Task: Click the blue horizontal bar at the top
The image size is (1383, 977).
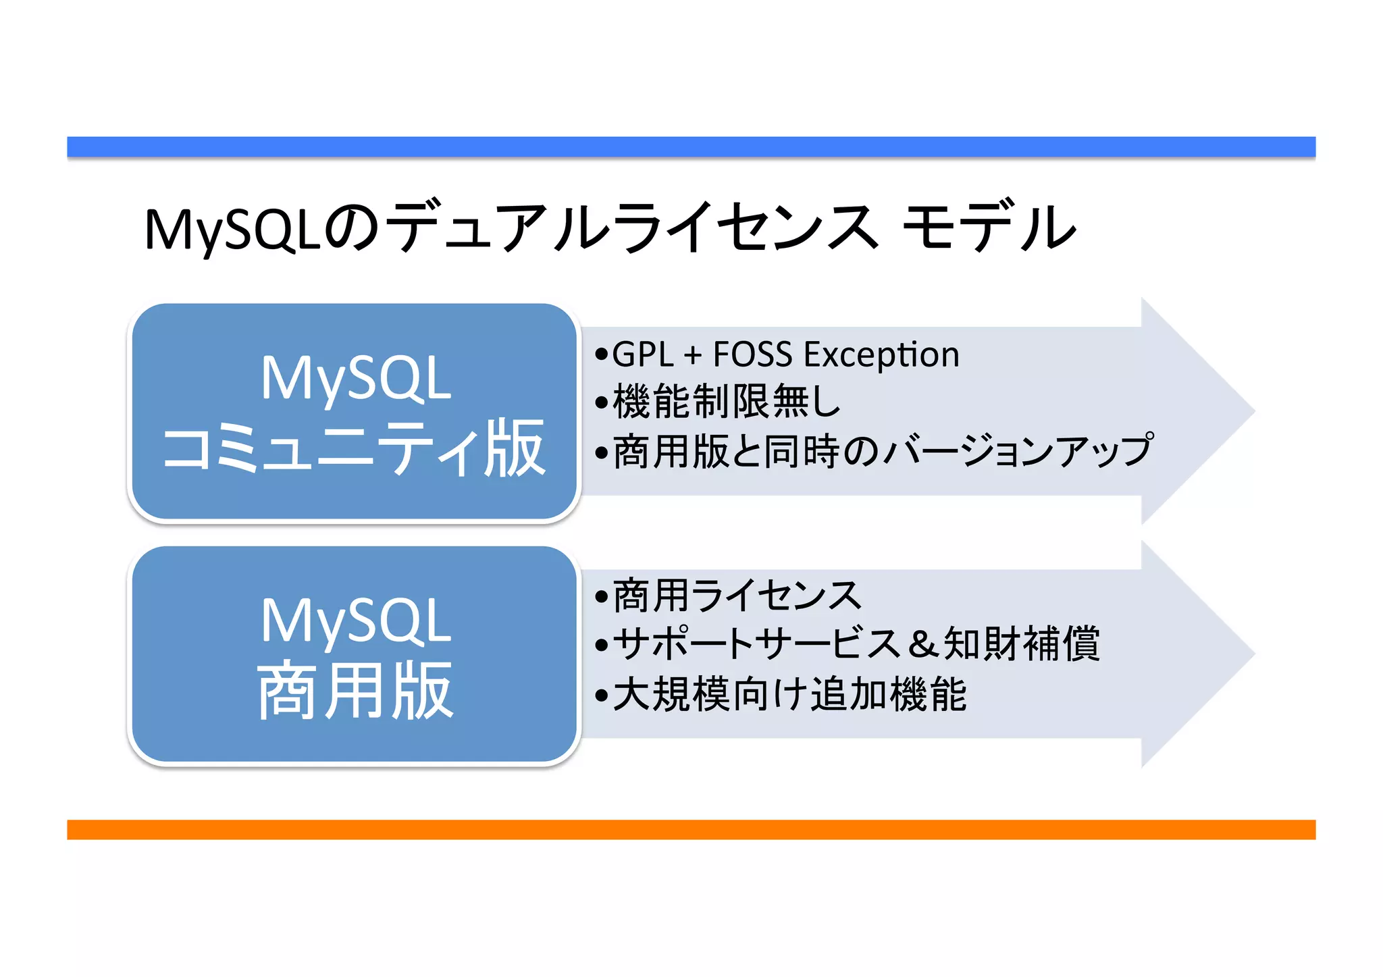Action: pyautogui.click(x=691, y=147)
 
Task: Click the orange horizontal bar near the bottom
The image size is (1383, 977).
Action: pyautogui.click(x=691, y=829)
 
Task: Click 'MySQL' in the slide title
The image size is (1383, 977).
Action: pyautogui.click(x=232, y=230)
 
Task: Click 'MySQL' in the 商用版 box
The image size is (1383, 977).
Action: pyautogui.click(x=355, y=621)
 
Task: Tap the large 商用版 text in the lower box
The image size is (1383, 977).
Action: pyautogui.click(x=355, y=691)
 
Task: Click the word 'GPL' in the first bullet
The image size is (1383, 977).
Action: pyautogui.click(x=642, y=354)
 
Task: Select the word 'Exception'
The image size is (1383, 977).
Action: pyautogui.click(x=881, y=354)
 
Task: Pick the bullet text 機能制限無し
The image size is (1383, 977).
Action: pyautogui.click(x=727, y=402)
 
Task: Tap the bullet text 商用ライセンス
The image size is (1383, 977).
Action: pyautogui.click(x=736, y=596)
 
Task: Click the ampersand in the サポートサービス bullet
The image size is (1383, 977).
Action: pyautogui.click(x=922, y=643)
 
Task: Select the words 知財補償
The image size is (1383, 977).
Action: pyautogui.click(x=1022, y=643)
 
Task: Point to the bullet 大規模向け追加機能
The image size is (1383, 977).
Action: pyautogui.click(x=789, y=694)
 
